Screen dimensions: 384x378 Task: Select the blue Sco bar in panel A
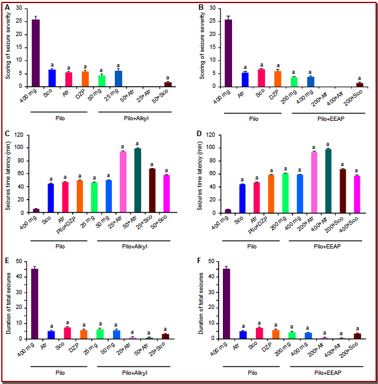tap(52, 78)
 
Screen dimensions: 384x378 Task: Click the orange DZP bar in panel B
tap(278, 79)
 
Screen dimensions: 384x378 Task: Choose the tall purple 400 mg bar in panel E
tap(36, 303)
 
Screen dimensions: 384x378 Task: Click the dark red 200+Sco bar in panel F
tap(358, 336)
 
